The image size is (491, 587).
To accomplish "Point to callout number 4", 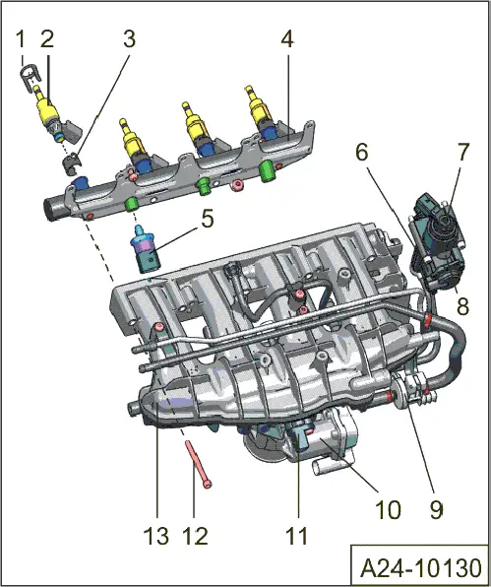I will [286, 40].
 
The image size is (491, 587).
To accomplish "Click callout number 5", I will [207, 219].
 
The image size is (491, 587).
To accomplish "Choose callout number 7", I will [463, 153].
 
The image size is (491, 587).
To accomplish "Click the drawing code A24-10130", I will [420, 568].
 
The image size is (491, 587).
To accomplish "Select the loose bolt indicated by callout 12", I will [197, 464].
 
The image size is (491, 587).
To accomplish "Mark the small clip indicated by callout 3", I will [71, 161].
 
